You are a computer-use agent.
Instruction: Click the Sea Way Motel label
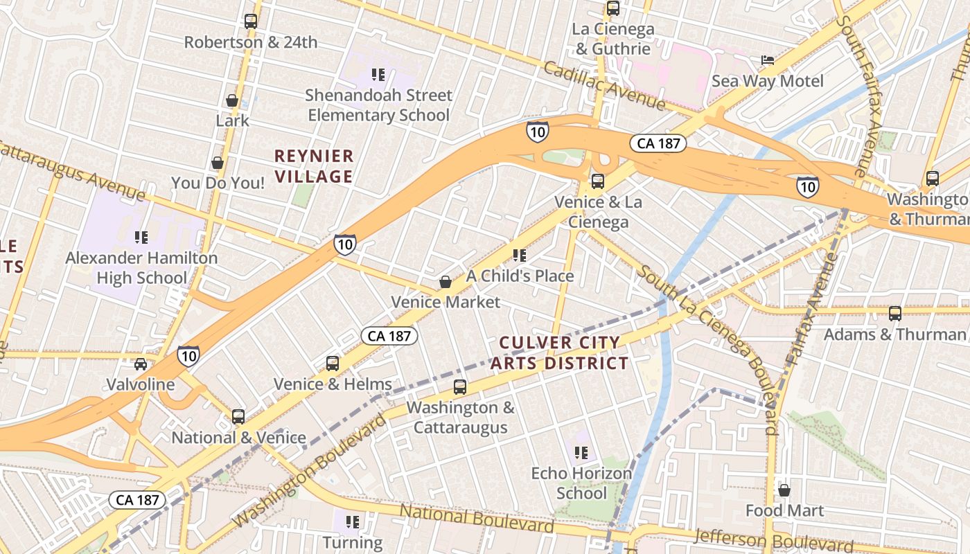coord(768,81)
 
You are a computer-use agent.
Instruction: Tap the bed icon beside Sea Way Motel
coord(768,60)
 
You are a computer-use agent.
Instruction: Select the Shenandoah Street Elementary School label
coord(378,105)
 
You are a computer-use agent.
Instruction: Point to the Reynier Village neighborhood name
coord(314,166)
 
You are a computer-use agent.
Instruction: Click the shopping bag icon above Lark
coord(232,101)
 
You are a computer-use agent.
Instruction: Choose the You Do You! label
coord(218,184)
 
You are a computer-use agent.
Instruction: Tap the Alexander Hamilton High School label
coord(141,268)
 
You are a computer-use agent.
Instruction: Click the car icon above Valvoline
coord(141,364)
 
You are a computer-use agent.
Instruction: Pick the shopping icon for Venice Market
coord(446,282)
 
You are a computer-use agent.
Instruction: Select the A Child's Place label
coord(520,276)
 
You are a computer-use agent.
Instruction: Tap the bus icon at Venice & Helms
coord(333,364)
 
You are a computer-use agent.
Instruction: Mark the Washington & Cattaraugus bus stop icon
coord(460,387)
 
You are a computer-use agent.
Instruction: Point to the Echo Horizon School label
coord(581,483)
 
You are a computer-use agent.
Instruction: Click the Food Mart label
coord(784,511)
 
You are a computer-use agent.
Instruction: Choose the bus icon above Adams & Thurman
coord(895,314)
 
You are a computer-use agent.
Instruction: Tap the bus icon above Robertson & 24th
coord(251,21)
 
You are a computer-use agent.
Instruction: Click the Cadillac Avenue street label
coord(603,86)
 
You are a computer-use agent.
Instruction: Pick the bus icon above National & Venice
coord(238,417)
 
